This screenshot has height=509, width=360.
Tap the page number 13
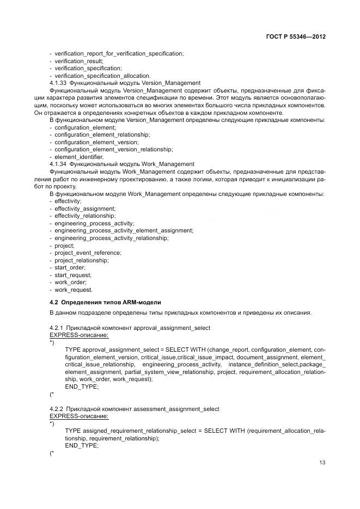point(322,463)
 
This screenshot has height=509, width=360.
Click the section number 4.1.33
point(58,83)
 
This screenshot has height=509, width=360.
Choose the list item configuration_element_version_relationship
point(114,149)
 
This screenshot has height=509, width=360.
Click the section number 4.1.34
point(58,164)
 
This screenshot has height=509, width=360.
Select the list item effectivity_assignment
point(84,208)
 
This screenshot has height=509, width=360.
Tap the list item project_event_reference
point(88,253)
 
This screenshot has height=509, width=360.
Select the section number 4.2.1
point(57,328)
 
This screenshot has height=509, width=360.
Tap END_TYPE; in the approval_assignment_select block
point(82,386)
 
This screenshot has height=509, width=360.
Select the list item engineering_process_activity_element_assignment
point(124,230)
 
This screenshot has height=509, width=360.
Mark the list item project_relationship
point(82,260)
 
